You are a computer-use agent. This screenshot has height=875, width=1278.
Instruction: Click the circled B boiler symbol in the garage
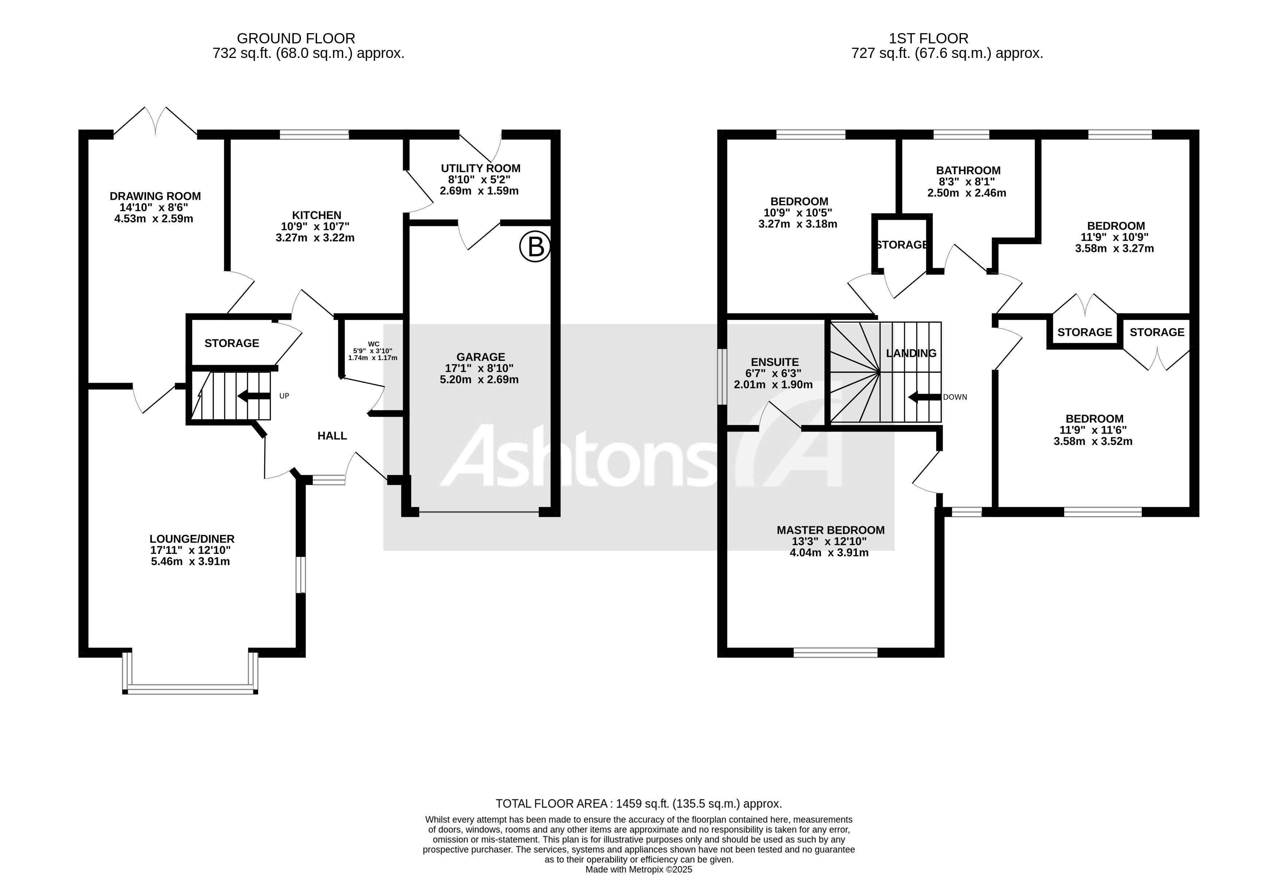pos(535,247)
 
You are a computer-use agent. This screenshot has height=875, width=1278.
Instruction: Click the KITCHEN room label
pos(316,215)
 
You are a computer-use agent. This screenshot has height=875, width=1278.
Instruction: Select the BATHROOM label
pos(968,171)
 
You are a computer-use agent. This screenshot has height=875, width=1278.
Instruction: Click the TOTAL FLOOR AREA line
pos(638,804)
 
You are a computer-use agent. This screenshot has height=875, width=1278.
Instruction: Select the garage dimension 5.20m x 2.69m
pos(479,379)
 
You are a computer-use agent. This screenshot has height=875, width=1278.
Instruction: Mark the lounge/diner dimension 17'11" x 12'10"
pos(190,550)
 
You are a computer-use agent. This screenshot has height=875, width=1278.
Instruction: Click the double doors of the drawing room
pos(156,121)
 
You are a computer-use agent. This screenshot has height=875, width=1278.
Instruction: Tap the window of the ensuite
pos(723,377)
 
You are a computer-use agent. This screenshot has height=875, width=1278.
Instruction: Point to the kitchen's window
pos(314,134)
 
